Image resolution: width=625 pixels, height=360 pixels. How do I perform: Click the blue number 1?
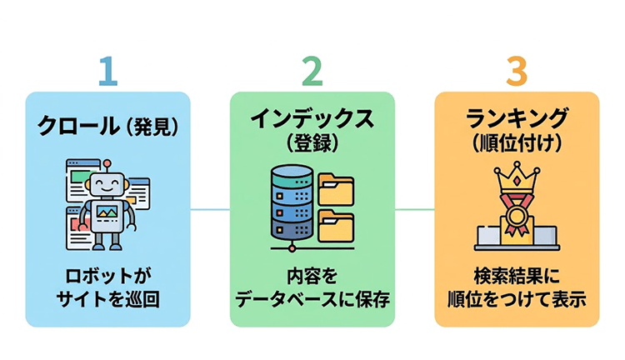coord(106,72)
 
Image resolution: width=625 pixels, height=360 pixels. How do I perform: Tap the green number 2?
coord(312,72)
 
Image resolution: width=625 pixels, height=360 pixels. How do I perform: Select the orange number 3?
coord(517,72)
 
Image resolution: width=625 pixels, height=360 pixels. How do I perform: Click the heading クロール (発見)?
coord(107,127)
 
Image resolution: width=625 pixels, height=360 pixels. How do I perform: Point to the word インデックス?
coord(312,117)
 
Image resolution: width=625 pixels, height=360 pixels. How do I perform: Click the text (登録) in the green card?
coord(312,142)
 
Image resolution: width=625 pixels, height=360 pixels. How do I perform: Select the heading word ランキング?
coord(517,117)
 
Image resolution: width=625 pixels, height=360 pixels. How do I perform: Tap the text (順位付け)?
coord(517,142)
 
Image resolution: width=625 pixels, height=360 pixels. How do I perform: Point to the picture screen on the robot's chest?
coord(107,213)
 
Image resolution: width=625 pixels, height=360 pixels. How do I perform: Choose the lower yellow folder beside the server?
coord(336,227)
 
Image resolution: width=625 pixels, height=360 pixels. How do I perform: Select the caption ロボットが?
coord(107,276)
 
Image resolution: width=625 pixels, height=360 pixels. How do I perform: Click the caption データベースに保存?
coord(312,299)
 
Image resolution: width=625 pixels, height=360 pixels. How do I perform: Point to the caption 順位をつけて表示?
coord(517,299)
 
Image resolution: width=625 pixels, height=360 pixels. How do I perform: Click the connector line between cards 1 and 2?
coord(210,209)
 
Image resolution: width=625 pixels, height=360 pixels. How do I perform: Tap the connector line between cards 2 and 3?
coord(414,209)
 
